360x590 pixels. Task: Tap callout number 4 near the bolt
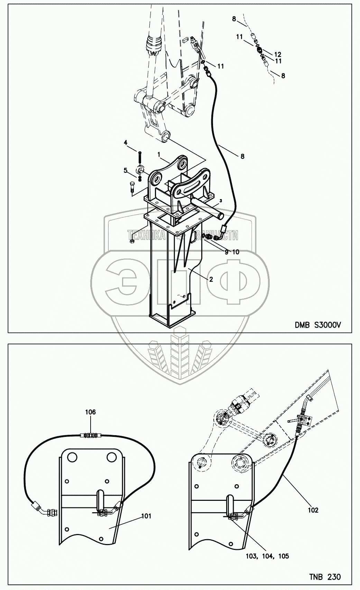[126, 142]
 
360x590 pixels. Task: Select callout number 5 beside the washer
[126, 170]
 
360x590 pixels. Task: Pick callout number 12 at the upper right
[278, 54]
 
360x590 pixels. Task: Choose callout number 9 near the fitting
[227, 252]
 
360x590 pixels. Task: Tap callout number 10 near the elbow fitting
[236, 252]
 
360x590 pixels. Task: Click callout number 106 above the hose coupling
[91, 412]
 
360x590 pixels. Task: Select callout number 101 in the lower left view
[146, 516]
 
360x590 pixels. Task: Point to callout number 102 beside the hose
[313, 510]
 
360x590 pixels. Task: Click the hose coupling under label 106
[91, 436]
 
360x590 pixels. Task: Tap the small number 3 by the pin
[220, 200]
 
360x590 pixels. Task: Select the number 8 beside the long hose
[242, 157]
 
